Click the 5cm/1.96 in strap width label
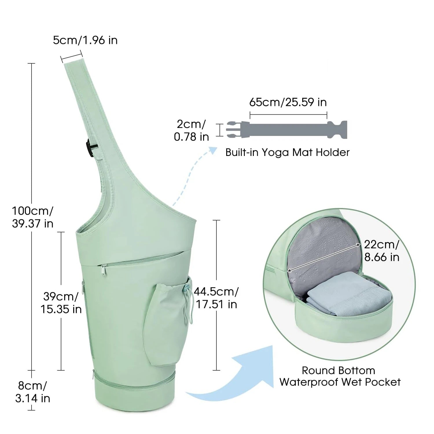(x=85, y=40)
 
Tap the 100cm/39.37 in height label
(x=32, y=217)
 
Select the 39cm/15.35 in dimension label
(x=61, y=303)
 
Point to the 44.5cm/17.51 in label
(x=216, y=297)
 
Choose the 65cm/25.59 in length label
(x=288, y=102)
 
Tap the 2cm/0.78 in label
(x=191, y=130)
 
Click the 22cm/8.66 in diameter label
(x=381, y=251)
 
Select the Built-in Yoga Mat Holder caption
(x=287, y=152)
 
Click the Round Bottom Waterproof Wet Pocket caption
(x=340, y=376)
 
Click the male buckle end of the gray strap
(x=234, y=130)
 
